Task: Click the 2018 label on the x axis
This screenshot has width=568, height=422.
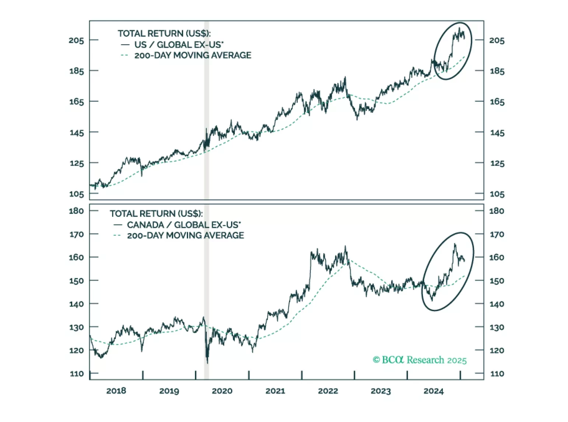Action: (116, 391)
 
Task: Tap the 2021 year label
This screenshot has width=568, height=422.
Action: (275, 391)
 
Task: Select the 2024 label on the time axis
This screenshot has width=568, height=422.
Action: (433, 391)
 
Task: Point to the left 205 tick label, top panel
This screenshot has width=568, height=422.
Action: (76, 40)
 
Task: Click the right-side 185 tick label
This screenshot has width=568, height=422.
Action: (497, 71)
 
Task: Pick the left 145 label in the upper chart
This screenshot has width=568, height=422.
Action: (76, 132)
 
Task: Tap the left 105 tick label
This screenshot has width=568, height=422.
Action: (76, 194)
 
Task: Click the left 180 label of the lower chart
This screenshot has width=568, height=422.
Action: (76, 211)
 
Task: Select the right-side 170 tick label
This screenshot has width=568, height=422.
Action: (496, 234)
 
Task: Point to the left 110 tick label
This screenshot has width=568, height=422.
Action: (77, 374)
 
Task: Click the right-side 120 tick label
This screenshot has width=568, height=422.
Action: (496, 350)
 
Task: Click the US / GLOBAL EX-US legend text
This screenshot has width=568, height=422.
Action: (179, 45)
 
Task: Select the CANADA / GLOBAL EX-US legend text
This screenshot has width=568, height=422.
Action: (184, 225)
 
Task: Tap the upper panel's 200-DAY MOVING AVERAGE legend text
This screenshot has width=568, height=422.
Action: (193, 55)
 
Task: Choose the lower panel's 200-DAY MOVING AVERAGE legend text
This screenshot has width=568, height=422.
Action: (185, 235)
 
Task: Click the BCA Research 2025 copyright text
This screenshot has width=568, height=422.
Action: (419, 360)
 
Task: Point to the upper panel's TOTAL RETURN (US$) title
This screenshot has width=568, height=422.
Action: (164, 34)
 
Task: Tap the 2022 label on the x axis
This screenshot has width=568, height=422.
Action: (328, 391)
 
